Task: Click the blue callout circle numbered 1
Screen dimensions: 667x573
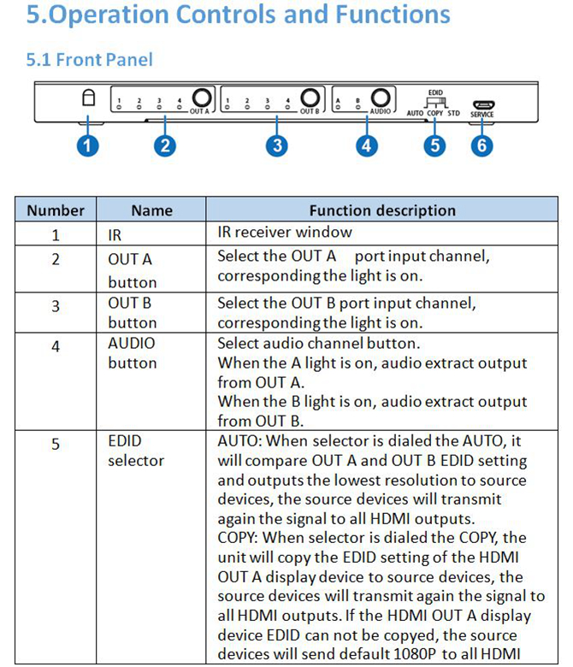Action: [x=87, y=145]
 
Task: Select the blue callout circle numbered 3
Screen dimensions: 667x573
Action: [x=276, y=145]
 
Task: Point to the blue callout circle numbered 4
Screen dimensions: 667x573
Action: [x=367, y=145]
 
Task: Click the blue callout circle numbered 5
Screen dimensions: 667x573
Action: [x=436, y=145]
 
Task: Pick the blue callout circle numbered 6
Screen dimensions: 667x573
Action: [x=481, y=145]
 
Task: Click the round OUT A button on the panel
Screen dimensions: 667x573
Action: [x=202, y=100]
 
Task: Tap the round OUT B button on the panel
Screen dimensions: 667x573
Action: [x=311, y=100]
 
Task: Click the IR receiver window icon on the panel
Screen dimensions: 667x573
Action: [x=87, y=98]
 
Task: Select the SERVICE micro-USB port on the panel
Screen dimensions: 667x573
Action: [x=481, y=105]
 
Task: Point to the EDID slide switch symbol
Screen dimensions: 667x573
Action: [x=435, y=103]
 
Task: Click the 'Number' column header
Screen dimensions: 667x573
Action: [x=56, y=210]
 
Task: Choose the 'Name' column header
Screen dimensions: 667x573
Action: [x=151, y=210]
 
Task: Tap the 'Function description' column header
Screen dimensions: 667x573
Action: [x=382, y=210]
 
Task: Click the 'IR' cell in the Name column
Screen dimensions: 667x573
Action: [x=115, y=233]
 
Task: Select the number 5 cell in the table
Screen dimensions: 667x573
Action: [x=56, y=443]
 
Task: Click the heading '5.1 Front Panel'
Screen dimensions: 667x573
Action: [x=90, y=60]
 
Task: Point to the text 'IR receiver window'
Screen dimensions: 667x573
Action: [x=284, y=232]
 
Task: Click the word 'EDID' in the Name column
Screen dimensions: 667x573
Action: [x=125, y=441]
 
